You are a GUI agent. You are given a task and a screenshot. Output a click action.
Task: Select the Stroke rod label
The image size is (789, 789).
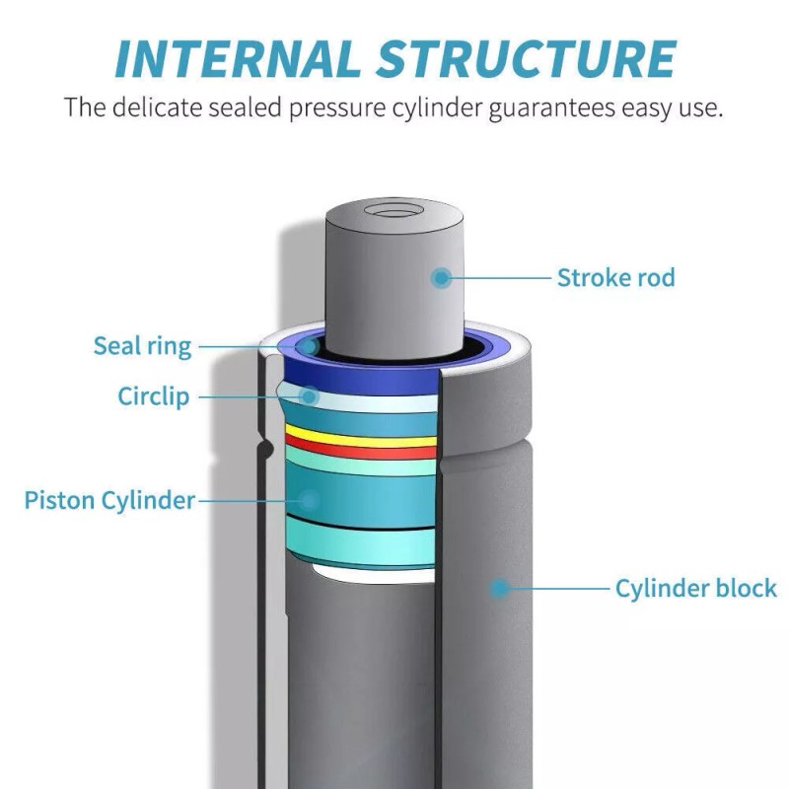pyautogui.click(x=616, y=278)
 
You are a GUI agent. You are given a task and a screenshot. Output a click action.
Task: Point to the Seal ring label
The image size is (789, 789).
pyautogui.click(x=142, y=346)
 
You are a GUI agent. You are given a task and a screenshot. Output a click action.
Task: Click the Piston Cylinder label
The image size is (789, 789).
pyautogui.click(x=109, y=500)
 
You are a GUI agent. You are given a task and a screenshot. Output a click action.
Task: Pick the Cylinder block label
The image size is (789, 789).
pyautogui.click(x=695, y=589)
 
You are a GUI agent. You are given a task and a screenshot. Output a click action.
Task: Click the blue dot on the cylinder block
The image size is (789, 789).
pyautogui.click(x=500, y=589)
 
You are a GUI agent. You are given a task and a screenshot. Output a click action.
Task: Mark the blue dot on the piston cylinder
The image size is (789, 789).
pyautogui.click(x=309, y=500)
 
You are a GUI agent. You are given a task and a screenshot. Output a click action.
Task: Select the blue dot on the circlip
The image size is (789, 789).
pyautogui.click(x=309, y=396)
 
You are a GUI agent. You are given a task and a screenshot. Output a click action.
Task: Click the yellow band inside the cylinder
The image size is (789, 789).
pyautogui.click(x=361, y=439)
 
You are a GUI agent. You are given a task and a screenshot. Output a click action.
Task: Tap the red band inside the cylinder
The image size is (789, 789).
pyautogui.click(x=361, y=451)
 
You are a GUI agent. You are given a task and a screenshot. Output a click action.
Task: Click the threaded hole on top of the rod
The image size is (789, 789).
pyautogui.click(x=392, y=210)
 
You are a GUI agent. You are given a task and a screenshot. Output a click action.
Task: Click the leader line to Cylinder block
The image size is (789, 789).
pyautogui.click(x=557, y=589)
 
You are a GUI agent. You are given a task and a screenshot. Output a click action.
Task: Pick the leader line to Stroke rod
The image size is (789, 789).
pyautogui.click(x=498, y=278)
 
